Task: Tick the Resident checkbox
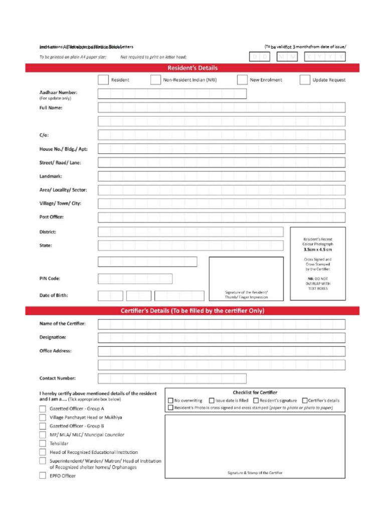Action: point(103,80)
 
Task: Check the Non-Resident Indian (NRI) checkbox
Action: point(155,80)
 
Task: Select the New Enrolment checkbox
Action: point(242,80)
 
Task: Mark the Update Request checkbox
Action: point(305,80)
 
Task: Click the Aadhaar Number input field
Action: point(172,94)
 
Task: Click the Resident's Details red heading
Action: point(192,68)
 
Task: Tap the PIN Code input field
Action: point(135,279)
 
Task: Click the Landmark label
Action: point(51,176)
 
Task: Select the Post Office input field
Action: point(221,217)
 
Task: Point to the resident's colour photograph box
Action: point(317,264)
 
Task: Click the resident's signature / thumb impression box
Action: point(246,278)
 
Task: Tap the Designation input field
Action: point(221,338)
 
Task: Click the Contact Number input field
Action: point(172,378)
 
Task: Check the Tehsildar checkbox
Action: point(43,444)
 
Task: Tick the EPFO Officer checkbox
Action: point(43,476)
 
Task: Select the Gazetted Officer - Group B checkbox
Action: point(43,426)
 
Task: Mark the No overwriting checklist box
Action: point(170,400)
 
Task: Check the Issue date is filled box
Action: point(212,400)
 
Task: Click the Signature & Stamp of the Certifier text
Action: point(255,473)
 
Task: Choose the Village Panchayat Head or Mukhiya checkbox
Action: point(43,417)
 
